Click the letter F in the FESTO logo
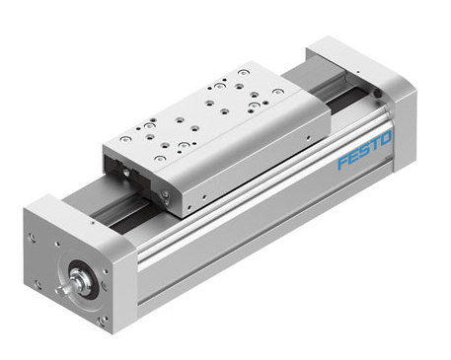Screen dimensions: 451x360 click(343, 162)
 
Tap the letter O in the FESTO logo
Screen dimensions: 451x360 click(385, 138)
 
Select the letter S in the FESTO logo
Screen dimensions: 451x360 click(364, 151)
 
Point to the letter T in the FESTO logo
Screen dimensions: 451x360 click(374, 144)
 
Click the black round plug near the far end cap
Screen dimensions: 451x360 click(378, 95)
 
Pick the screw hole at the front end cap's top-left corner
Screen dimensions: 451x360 click(32, 237)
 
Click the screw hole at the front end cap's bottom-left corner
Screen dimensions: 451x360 click(38, 284)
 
